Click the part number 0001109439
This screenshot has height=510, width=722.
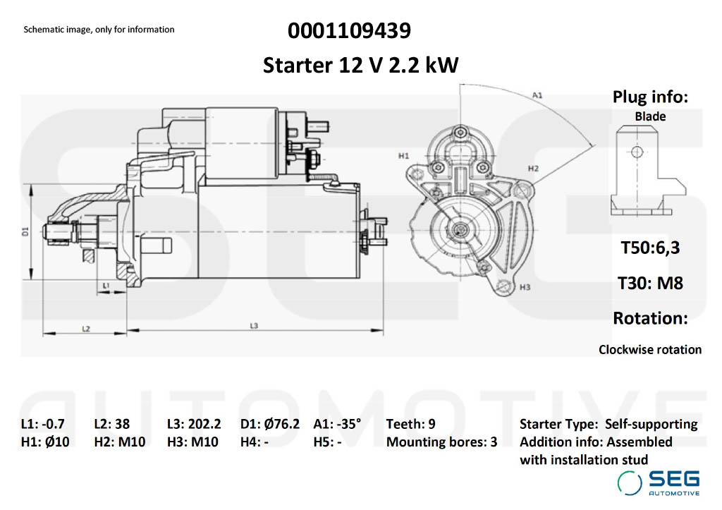[x=350, y=31]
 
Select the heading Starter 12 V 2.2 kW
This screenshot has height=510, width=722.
[x=361, y=66]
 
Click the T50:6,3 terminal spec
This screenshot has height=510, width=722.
[x=650, y=248]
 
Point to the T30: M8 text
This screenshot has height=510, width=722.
[x=650, y=283]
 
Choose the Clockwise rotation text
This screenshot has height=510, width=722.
[x=650, y=349]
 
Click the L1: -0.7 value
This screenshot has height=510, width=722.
[x=43, y=424]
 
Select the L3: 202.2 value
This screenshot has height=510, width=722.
[x=194, y=424]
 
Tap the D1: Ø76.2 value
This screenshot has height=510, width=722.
[x=270, y=424]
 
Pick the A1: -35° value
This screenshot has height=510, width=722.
[x=337, y=424]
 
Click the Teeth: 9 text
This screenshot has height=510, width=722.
[x=410, y=424]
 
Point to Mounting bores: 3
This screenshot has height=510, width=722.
[x=441, y=442]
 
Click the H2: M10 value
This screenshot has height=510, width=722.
[x=119, y=442]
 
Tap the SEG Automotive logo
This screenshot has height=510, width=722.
[x=659, y=482]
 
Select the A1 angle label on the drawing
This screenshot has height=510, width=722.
[x=537, y=94]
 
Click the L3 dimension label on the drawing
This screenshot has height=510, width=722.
[x=255, y=325]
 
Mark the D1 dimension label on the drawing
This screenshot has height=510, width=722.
[x=25, y=231]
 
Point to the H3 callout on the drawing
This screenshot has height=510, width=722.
[x=524, y=288]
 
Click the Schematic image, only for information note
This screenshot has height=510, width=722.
[x=99, y=30]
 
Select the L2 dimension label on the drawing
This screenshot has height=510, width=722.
[x=85, y=329]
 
